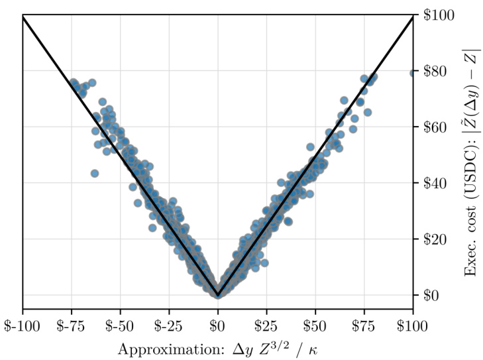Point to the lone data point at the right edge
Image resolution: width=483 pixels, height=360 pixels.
click(x=413, y=73)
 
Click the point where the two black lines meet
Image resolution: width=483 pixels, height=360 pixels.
click(x=218, y=294)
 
